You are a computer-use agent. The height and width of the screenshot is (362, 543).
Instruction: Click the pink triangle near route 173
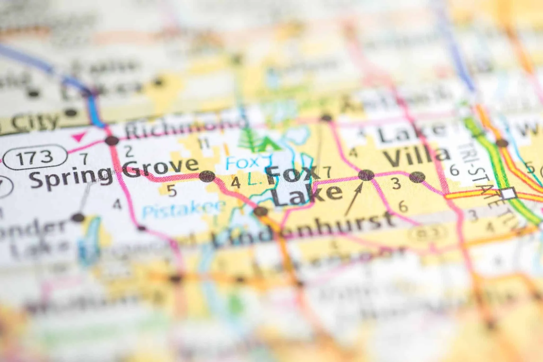point(79,137)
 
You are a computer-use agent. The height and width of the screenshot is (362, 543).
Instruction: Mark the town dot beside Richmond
point(112,140)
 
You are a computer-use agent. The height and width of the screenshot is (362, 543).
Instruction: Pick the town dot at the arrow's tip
point(366,175)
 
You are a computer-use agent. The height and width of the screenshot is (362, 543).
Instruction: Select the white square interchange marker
point(509,193)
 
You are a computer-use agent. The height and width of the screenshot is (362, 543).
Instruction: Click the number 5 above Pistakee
point(172,191)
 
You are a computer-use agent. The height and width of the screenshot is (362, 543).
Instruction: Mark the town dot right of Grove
point(207,176)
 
